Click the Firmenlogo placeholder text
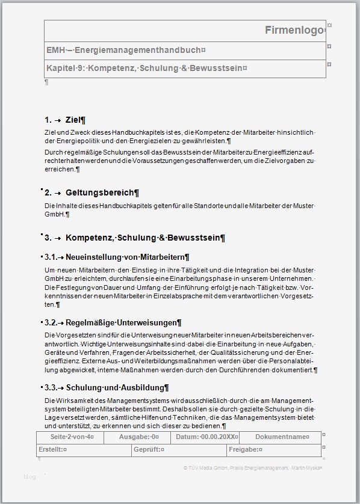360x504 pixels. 294,30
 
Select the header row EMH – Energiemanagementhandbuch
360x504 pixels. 126,51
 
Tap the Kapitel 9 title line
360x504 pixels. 146,69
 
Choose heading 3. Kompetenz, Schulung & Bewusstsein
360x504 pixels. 135,238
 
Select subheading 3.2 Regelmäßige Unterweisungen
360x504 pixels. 113,323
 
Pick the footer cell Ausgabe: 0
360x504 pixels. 139,437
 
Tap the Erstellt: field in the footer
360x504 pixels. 53,449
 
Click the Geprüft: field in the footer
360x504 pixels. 149,449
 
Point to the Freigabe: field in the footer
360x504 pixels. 246,449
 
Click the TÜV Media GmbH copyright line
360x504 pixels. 253,467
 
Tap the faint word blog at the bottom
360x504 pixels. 29,477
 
